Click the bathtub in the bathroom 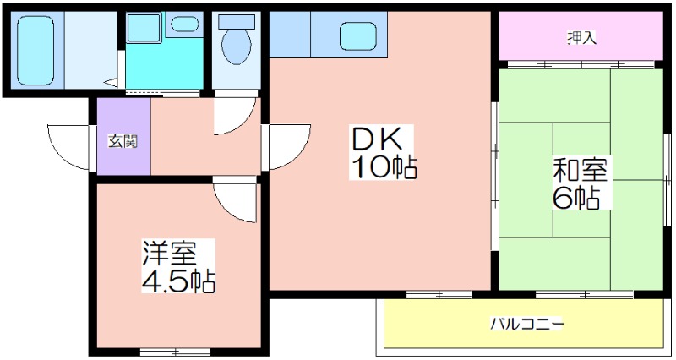[x=35, y=51]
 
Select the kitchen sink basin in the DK [x=357, y=36]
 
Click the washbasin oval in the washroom [x=184, y=24]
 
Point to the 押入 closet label [x=581, y=38]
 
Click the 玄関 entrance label [x=123, y=141]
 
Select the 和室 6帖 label [x=581, y=183]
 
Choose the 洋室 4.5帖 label [x=178, y=266]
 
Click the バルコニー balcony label [x=526, y=323]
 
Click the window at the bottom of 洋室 [x=175, y=352]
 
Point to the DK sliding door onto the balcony [x=439, y=295]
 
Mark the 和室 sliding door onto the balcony [x=585, y=295]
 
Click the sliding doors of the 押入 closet [x=581, y=65]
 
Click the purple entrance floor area [x=123, y=137]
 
